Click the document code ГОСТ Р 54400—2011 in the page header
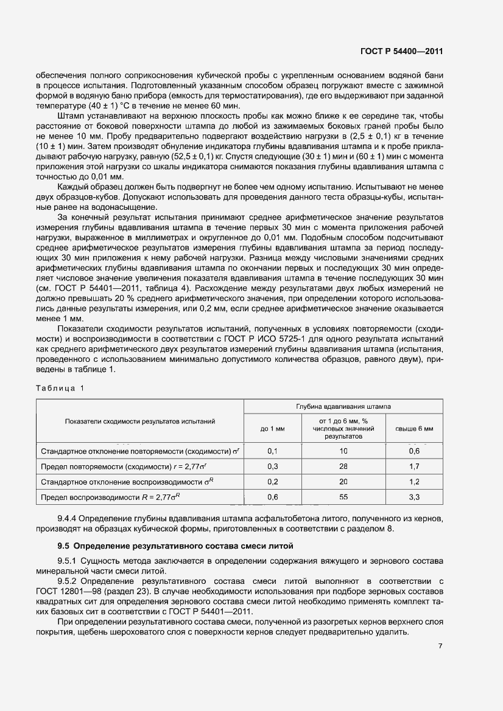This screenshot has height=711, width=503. pyautogui.click(x=401, y=52)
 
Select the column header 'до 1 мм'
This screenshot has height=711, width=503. pyautogui.click(x=272, y=428)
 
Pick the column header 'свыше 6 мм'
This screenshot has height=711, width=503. pyautogui.click(x=414, y=428)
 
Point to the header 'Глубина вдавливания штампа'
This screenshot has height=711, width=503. pyautogui.click(x=343, y=405)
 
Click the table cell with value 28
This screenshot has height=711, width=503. pyautogui.click(x=343, y=466)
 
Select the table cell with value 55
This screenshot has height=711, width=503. pyautogui.click(x=343, y=497)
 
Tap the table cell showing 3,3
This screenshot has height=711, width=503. pyautogui.click(x=414, y=497)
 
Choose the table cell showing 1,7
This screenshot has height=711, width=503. pyautogui.click(x=414, y=466)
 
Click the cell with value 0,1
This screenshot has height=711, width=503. pyautogui.click(x=272, y=451)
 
